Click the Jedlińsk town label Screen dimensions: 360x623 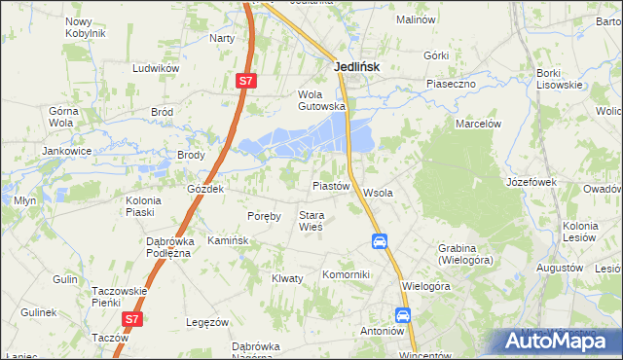(x=356, y=66)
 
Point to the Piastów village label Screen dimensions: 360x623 (x=330, y=185)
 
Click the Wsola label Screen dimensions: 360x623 (x=378, y=193)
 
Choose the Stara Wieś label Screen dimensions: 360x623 (x=311, y=221)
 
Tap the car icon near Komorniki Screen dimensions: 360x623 (x=380, y=241)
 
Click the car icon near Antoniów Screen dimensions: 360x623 (x=403, y=314)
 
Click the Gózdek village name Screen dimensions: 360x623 (x=206, y=189)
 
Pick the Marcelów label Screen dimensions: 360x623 (x=478, y=124)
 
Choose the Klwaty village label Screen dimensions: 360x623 (x=287, y=277)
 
